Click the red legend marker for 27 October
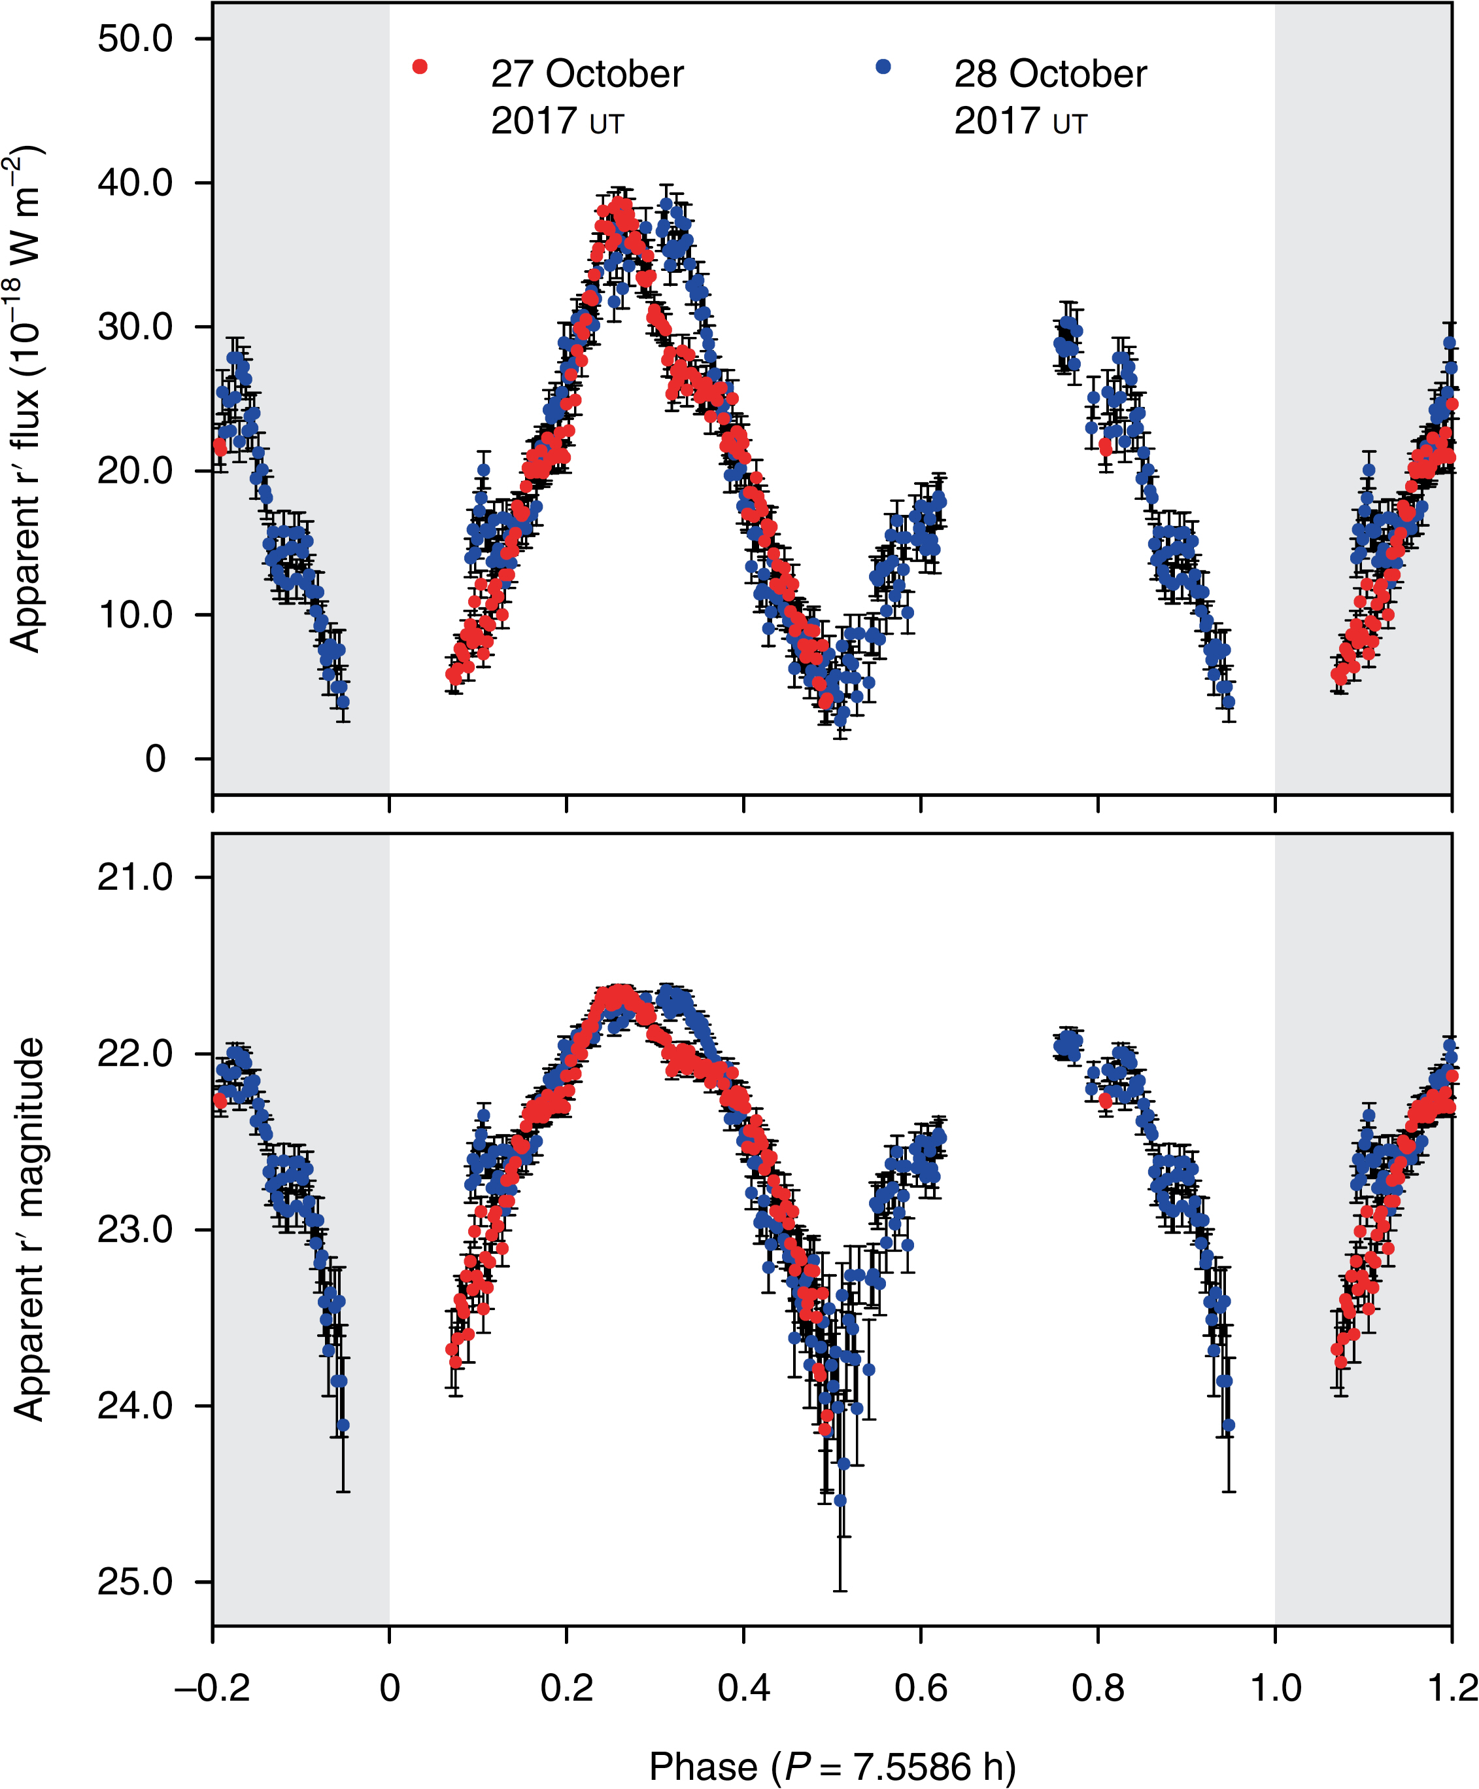(419, 67)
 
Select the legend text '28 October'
(1050, 74)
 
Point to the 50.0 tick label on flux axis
(135, 39)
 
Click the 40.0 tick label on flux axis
(135, 183)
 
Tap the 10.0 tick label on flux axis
(135, 614)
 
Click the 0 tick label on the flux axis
(155, 758)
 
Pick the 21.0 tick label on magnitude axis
(135, 877)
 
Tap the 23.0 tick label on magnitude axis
(135, 1230)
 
